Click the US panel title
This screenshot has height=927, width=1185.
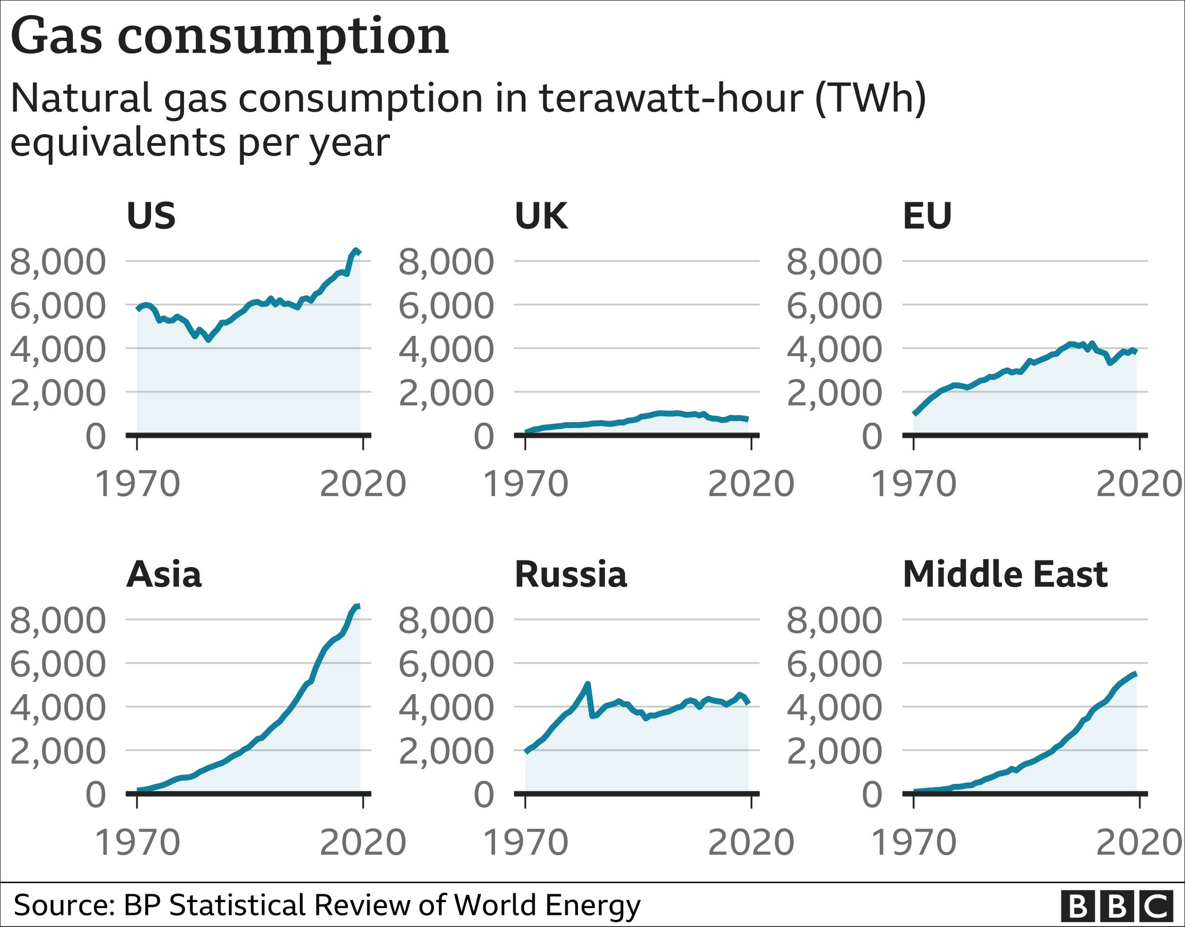coord(150,216)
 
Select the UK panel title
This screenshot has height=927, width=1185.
coord(541,216)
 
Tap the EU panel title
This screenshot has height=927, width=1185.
coord(927,216)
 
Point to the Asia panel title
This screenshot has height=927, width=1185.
coord(164,574)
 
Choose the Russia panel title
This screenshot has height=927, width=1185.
coord(571,574)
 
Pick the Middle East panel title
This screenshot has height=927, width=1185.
coord(1005,574)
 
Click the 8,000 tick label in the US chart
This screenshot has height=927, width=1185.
coord(58,261)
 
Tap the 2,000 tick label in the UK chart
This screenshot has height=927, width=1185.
coord(446,393)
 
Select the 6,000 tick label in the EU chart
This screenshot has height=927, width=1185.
coord(834,305)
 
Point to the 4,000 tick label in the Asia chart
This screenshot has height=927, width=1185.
coord(58,707)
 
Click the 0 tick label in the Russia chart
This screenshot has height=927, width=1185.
coord(484,794)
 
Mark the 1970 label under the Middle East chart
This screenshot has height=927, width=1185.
coord(914,842)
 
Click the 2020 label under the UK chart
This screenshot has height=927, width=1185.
coord(751,483)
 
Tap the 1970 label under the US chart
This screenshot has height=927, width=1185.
coord(137,483)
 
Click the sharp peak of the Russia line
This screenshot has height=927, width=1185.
coord(588,684)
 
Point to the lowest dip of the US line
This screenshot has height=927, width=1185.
coord(208,340)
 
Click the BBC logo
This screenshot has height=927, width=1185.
coord(1117,906)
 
